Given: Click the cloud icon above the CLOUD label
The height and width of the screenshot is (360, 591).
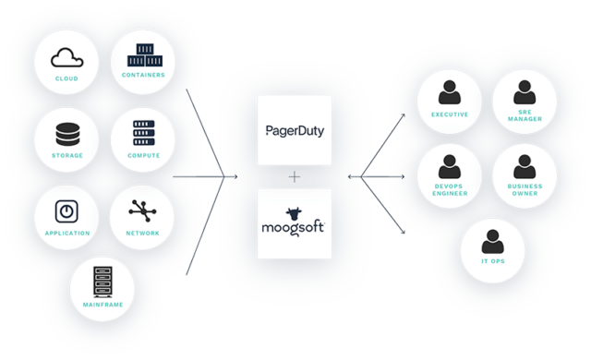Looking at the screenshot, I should [x=66, y=59].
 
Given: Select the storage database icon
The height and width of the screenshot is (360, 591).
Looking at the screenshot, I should [x=66, y=135].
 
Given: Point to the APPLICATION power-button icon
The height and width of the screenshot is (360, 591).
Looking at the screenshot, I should [x=66, y=210].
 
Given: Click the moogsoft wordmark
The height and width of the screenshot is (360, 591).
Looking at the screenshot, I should [x=295, y=223].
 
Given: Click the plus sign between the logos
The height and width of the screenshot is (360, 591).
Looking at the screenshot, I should [x=295, y=176].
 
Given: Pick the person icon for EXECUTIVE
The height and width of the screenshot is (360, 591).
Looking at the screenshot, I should [x=450, y=92].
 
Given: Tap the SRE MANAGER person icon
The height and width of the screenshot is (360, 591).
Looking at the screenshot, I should [x=525, y=92].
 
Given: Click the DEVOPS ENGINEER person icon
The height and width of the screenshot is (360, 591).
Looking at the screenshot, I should [x=450, y=166].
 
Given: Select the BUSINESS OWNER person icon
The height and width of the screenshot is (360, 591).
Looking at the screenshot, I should [x=525, y=166].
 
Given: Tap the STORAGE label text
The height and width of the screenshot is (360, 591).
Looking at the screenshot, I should [x=66, y=155].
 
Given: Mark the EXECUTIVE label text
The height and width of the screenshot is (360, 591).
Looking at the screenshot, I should [x=450, y=114].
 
